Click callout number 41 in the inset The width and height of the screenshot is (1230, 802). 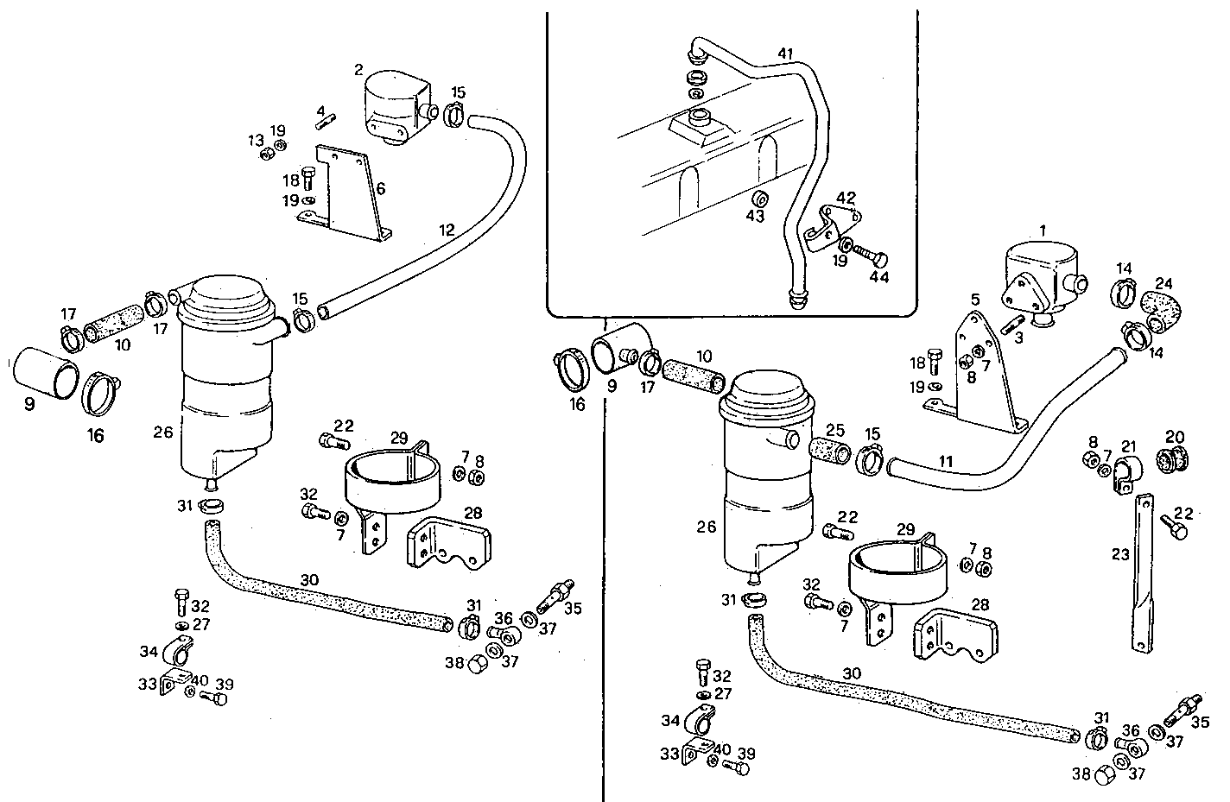click(784, 54)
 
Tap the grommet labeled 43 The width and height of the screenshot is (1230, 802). click(759, 195)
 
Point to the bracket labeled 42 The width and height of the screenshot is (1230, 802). click(831, 223)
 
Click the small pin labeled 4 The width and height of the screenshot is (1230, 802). click(325, 122)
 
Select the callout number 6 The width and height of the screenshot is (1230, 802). click(380, 188)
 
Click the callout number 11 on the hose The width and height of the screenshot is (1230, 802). click(946, 462)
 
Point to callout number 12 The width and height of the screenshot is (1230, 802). click(446, 230)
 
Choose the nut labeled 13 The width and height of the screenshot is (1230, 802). click(268, 155)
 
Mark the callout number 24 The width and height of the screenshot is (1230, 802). click(1164, 282)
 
